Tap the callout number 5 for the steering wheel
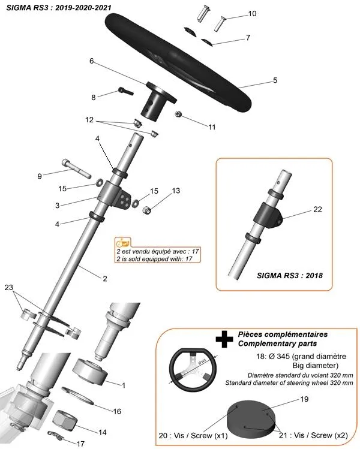(275, 80)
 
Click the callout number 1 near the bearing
(123, 385)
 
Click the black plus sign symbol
(224, 340)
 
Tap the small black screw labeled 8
(124, 91)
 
